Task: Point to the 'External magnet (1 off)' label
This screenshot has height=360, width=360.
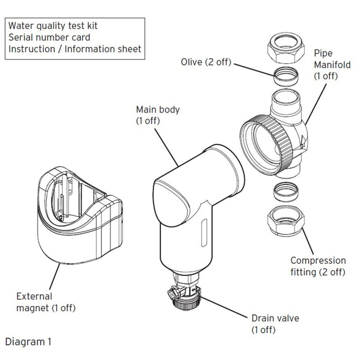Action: pyautogui.click(x=46, y=303)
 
